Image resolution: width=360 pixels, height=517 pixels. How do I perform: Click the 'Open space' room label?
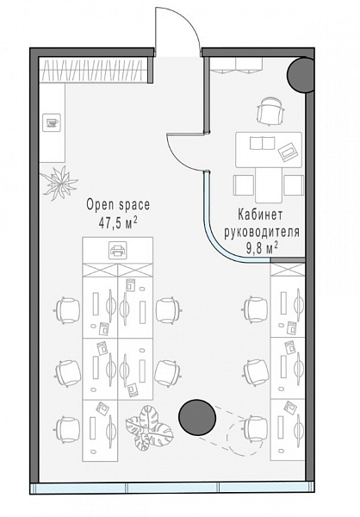[x=118, y=205]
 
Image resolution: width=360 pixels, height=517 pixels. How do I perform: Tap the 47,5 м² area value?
[x=118, y=223]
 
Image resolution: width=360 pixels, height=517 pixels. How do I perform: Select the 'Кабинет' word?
[x=260, y=215]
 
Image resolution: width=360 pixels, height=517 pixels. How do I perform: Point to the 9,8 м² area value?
[x=262, y=248]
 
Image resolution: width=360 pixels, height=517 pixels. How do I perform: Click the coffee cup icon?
[x=52, y=122]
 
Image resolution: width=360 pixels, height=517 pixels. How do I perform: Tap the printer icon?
[x=118, y=250]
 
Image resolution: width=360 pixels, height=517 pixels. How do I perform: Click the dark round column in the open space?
[x=197, y=417]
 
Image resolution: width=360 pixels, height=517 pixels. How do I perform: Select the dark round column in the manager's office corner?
[x=301, y=75]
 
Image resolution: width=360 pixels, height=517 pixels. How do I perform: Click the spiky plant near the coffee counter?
[x=60, y=183]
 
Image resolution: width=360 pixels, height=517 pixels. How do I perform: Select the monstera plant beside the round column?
[x=149, y=427]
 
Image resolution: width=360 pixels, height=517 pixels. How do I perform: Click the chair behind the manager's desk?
[x=270, y=111]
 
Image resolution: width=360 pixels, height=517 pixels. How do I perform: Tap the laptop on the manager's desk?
[x=289, y=151]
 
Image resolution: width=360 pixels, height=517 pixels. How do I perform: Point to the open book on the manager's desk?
[x=263, y=143]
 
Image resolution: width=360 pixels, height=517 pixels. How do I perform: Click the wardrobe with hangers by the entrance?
[x=93, y=71]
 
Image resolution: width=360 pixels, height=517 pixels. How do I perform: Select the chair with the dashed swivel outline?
[x=257, y=429]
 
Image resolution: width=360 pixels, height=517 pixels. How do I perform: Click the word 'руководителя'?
[x=262, y=232]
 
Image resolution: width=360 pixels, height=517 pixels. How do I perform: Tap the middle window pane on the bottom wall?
[x=173, y=489]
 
